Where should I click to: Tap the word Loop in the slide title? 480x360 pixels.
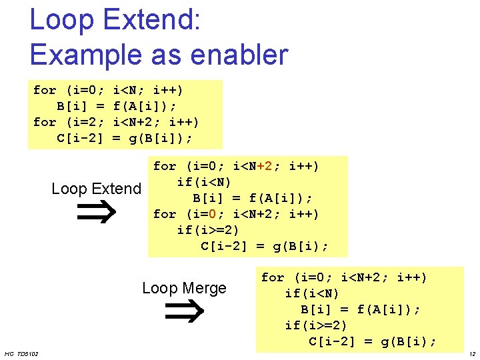[x=62, y=20]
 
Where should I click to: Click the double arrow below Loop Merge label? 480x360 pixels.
[x=184, y=311]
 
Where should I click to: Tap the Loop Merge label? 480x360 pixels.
[x=184, y=288]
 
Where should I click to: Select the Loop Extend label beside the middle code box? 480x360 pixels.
[x=97, y=189]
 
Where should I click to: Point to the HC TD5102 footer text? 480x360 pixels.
[x=21, y=353]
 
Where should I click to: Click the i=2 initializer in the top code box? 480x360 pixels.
[x=87, y=122]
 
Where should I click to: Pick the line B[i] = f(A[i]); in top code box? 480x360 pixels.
[x=117, y=106]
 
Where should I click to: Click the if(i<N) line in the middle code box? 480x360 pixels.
[x=204, y=182]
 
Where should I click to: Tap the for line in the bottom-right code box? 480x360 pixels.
[x=344, y=277]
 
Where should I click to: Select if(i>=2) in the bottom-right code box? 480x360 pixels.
[x=316, y=325]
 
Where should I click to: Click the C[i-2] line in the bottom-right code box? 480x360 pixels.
[x=373, y=341]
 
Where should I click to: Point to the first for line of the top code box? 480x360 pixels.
[x=109, y=90]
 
